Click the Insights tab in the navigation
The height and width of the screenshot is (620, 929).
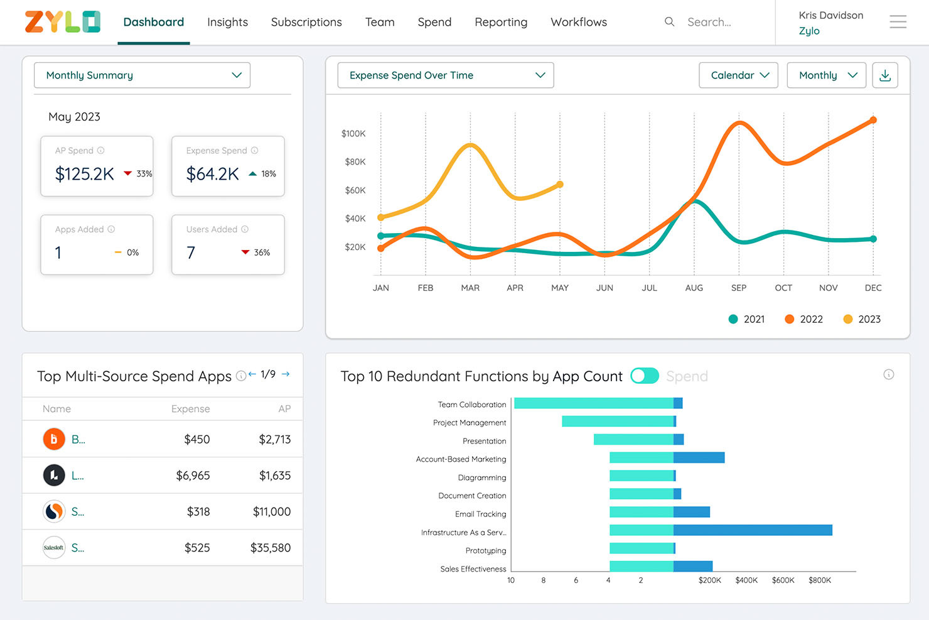coord(227,22)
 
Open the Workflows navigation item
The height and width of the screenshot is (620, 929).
coord(578,22)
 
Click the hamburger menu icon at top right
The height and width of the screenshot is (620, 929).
coord(898,22)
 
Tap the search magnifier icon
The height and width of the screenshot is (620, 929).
coord(669,22)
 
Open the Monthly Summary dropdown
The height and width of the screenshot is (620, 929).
coord(142,75)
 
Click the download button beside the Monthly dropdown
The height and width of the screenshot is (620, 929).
coord(884,75)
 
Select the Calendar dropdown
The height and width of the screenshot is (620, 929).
coord(738,75)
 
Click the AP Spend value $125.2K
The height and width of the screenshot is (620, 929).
coord(85,174)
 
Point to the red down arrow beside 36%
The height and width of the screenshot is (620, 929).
coord(245,253)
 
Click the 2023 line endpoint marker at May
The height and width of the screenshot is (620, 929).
coord(560,185)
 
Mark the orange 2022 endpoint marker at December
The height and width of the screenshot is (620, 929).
coord(873,120)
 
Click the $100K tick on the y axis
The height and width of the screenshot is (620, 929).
coord(353,134)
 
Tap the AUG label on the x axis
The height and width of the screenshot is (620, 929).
coord(694,288)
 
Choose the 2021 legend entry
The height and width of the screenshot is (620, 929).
coord(746,319)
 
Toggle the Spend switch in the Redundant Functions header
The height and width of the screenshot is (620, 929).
coord(645,376)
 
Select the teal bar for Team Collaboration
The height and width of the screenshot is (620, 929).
coord(593,403)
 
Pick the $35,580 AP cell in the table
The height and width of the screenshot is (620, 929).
coord(270,548)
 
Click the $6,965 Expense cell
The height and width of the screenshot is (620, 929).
coord(193,476)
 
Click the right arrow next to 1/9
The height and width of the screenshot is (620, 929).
coord(286,374)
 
